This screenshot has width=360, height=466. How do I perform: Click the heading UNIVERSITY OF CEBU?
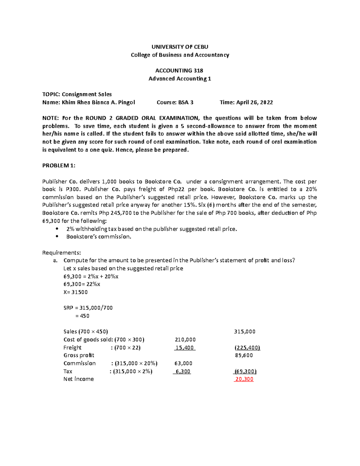point(180,47)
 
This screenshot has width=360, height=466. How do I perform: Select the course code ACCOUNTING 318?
point(179,71)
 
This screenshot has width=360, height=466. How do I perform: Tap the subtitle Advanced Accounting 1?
point(180,79)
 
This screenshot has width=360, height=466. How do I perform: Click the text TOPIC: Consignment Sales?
point(77,94)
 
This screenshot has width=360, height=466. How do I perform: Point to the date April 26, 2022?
point(254,102)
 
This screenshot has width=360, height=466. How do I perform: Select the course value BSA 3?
point(186,102)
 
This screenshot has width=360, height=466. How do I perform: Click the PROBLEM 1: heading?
point(59,165)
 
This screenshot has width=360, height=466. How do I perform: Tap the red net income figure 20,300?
point(244,379)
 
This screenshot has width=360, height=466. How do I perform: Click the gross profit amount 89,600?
point(244,355)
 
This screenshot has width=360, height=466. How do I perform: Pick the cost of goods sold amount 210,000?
point(185,340)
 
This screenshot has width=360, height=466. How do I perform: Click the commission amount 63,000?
point(183,363)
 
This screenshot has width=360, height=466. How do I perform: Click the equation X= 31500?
point(76,292)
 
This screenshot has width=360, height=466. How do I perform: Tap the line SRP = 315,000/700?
point(88,308)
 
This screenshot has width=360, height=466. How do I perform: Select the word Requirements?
point(61,252)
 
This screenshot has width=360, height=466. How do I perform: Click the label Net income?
point(79,379)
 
